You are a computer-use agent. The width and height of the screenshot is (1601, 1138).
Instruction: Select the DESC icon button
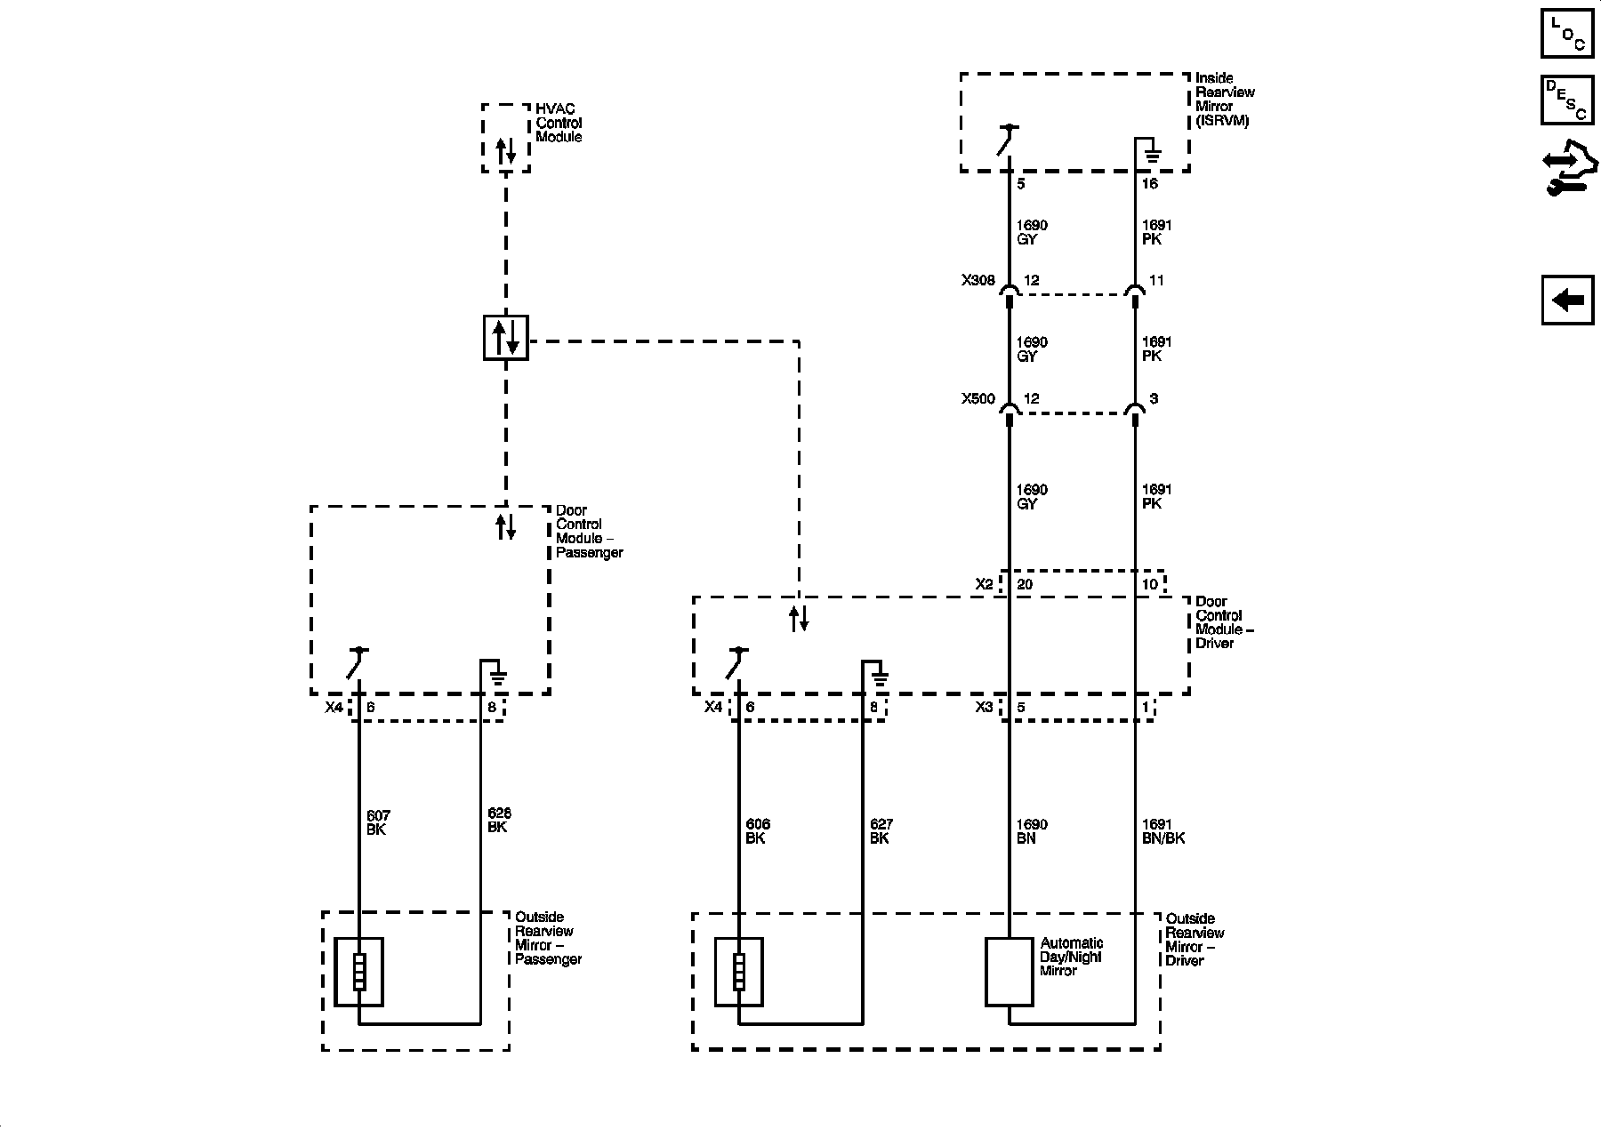click(x=1567, y=100)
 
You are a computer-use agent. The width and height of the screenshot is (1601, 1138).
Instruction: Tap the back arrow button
click(x=1567, y=300)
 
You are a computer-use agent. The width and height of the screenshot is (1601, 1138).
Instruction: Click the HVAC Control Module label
click(x=559, y=123)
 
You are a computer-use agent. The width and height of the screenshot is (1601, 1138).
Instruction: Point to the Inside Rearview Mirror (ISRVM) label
click(x=1225, y=100)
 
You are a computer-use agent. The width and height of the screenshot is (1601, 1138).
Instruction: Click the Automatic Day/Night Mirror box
click(x=1009, y=972)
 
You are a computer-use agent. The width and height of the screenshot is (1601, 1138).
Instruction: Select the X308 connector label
click(x=977, y=280)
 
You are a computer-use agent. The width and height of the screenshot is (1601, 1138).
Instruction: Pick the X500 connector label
click(x=977, y=399)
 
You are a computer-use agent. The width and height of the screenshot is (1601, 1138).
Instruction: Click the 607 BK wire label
click(x=378, y=822)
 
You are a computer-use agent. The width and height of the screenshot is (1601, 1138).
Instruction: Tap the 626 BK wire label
click(x=499, y=820)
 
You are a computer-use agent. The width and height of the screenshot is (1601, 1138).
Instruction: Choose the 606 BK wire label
click(x=758, y=831)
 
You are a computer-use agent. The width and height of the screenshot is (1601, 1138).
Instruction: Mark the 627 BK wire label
click(x=881, y=831)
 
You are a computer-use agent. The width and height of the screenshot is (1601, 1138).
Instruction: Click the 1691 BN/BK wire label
click(x=1163, y=831)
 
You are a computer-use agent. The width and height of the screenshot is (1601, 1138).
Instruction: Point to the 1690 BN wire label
click(x=1031, y=831)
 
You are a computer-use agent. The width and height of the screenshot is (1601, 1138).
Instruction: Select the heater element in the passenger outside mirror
click(x=358, y=972)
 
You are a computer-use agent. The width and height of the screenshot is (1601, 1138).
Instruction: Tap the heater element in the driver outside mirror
click(x=738, y=972)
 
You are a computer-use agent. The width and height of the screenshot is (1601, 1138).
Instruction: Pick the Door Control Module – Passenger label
click(x=589, y=532)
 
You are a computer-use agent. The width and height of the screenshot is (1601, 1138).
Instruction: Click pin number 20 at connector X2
click(x=1025, y=584)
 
